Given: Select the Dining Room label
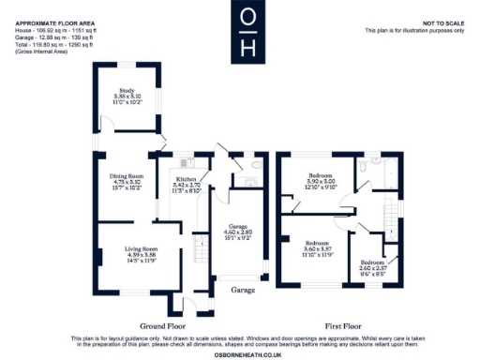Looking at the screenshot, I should (x=127, y=176).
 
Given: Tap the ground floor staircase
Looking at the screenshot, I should (x=199, y=249).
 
